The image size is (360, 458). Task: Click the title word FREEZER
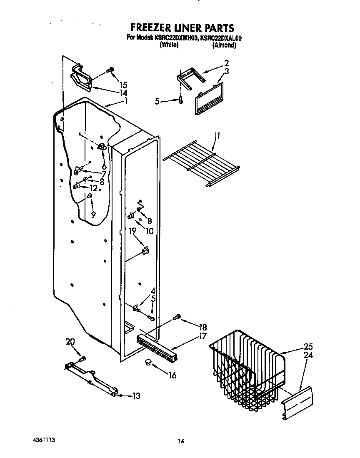[148, 28]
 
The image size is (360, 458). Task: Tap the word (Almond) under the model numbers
[224, 45]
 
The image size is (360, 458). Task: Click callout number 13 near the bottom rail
[136, 396]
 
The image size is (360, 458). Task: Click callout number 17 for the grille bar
[203, 335]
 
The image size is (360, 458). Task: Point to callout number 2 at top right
[226, 63]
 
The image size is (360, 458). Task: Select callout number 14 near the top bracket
[123, 93]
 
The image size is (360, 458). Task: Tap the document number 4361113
[44, 440]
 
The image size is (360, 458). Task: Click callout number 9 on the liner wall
[93, 214]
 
